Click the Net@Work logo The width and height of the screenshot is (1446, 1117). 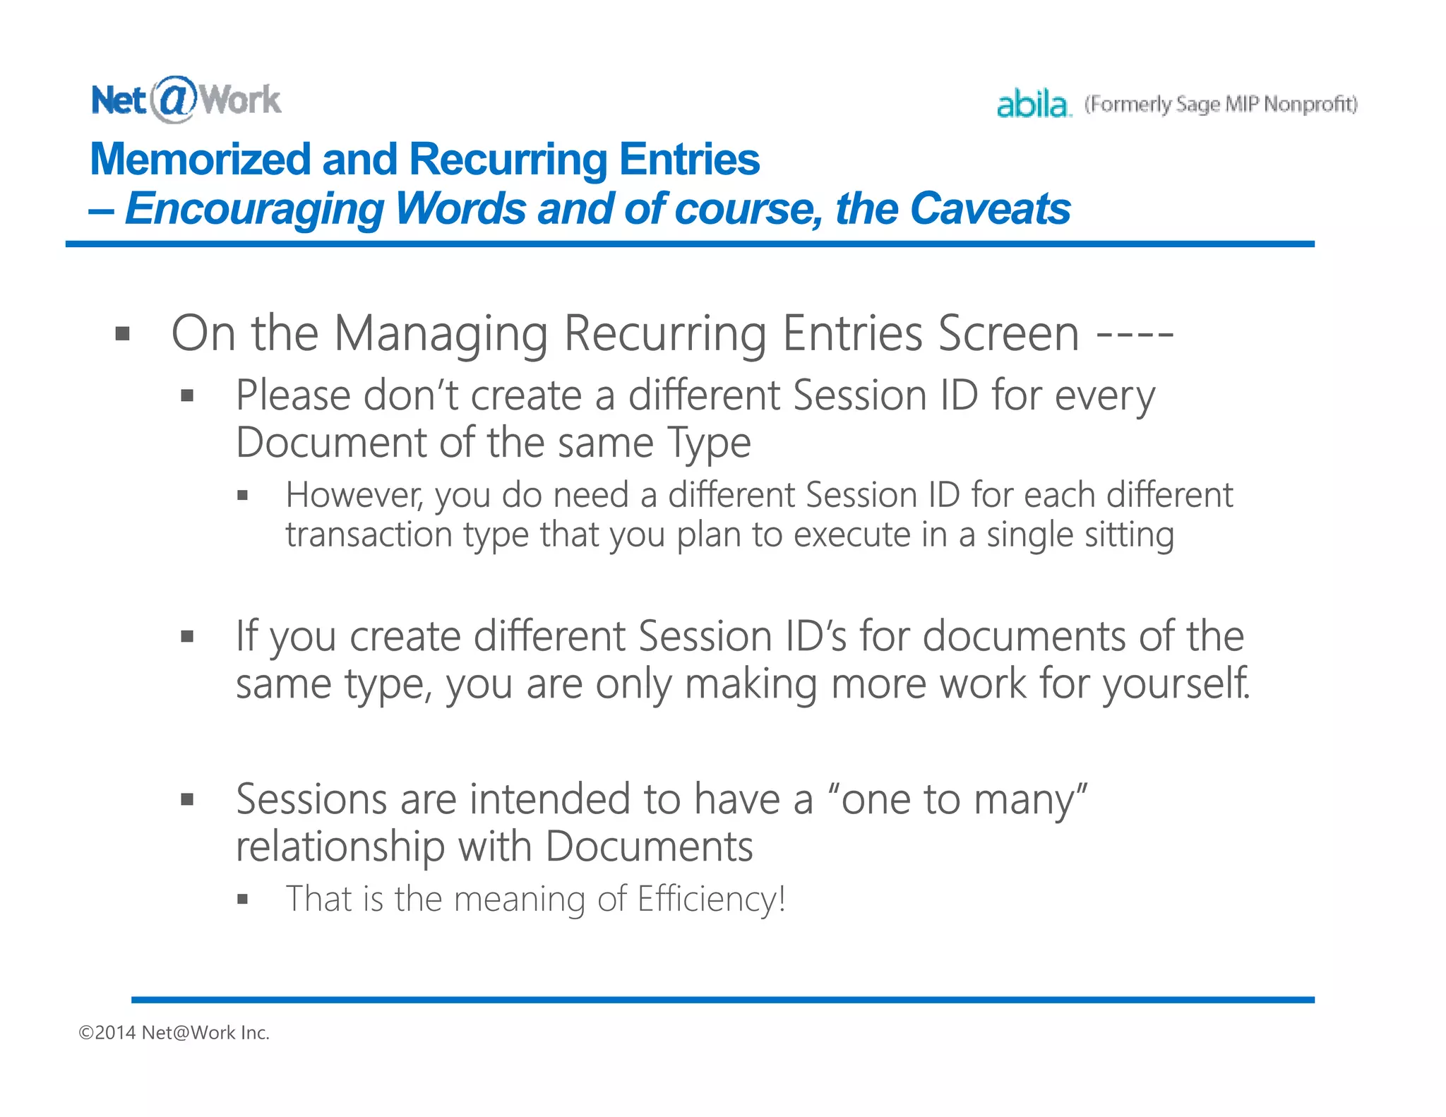point(186,100)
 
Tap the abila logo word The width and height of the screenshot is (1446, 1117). point(1032,104)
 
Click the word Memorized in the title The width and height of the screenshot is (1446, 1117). point(200,159)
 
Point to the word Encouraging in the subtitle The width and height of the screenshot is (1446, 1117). point(254,210)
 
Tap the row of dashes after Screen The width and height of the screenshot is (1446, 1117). point(1135,333)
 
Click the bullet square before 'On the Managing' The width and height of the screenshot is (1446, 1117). point(123,333)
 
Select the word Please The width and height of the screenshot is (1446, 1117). point(292,395)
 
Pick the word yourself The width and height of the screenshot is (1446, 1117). point(1176,684)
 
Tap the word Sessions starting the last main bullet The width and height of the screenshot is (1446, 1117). point(311,799)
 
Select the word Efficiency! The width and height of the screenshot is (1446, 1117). point(712,900)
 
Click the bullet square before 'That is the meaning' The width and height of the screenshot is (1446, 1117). point(243,900)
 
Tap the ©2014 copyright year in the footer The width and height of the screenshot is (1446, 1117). point(107,1033)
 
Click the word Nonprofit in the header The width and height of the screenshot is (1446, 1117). point(1310,104)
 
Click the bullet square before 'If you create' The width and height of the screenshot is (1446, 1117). point(187,637)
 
